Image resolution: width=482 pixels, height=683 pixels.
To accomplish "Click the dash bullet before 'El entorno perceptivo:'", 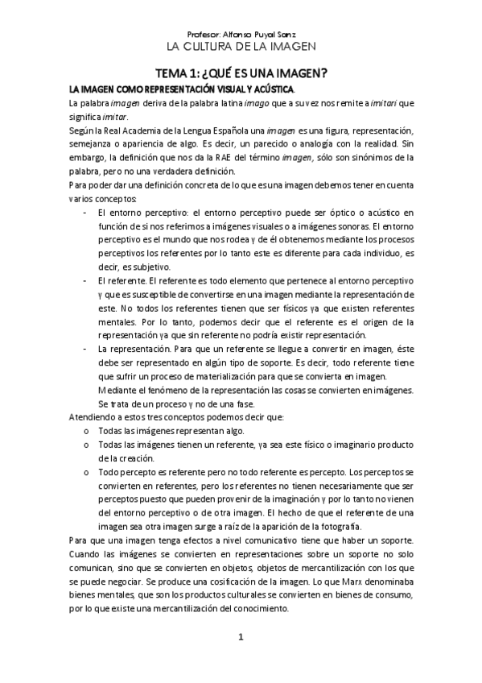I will (x=85, y=212).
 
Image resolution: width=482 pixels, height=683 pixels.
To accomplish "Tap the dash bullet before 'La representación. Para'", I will (x=85, y=350).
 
